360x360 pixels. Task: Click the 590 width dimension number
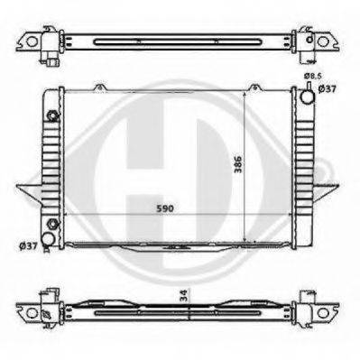pyautogui.click(x=165, y=208)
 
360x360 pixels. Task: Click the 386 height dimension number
pyautogui.click(x=238, y=164)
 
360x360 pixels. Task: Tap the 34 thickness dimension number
pyautogui.click(x=185, y=295)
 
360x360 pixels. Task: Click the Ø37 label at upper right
pyautogui.click(x=328, y=88)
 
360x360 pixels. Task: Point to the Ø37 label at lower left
pyautogui.click(x=28, y=246)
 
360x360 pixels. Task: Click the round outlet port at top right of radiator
pyautogui.click(x=308, y=97)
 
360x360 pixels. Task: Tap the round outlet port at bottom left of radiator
pyautogui.click(x=48, y=238)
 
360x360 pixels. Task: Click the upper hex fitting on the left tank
pyautogui.click(x=52, y=115)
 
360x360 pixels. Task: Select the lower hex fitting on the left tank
pyautogui.click(x=52, y=224)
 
